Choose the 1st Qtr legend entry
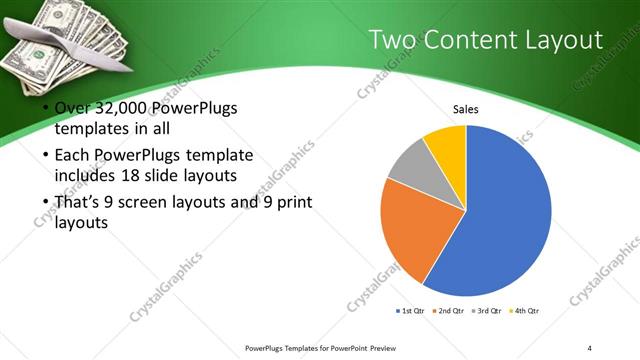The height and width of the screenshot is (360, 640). click(411, 311)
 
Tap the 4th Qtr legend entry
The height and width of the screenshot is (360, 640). click(525, 311)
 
